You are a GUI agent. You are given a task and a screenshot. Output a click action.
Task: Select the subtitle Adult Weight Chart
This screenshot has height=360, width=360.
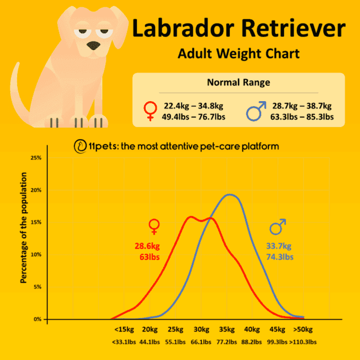tap(239, 54)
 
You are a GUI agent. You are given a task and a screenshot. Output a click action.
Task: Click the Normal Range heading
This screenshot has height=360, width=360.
tap(239, 83)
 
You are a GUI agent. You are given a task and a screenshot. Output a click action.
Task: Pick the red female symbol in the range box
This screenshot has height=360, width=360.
tap(150, 110)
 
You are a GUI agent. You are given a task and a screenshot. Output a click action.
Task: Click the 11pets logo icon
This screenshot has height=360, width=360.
tap(80, 147)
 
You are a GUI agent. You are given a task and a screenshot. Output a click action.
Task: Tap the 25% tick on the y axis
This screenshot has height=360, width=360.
tap(36, 158)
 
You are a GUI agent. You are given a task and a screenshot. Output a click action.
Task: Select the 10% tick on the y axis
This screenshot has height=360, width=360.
tap(36, 255)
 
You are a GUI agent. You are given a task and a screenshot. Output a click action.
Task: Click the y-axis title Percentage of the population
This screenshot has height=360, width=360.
tap(24, 228)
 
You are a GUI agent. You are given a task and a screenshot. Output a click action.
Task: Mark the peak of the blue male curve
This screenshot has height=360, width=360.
tap(230, 195)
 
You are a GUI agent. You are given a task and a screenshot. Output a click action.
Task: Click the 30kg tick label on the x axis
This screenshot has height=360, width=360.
tap(201, 330)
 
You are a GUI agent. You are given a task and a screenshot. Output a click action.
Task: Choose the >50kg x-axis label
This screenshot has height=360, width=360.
tap(303, 330)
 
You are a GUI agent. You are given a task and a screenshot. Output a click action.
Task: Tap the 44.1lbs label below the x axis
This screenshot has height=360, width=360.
tap(149, 342)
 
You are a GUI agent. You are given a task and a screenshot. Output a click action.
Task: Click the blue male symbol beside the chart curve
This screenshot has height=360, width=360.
tap(278, 226)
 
